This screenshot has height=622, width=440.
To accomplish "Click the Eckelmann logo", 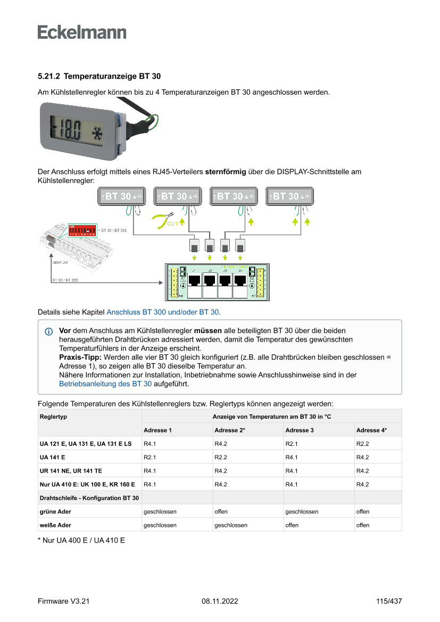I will click(x=82, y=32).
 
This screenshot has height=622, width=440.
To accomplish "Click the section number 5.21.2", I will click(x=48, y=77).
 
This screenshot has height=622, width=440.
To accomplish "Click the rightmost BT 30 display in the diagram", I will click(x=289, y=196).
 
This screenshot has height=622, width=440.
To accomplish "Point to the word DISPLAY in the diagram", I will click(x=60, y=262).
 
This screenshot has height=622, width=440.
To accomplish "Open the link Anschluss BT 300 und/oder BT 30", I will click(x=163, y=312).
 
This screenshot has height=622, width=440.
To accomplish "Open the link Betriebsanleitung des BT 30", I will click(x=105, y=383).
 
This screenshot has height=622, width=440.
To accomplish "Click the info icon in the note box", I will click(x=49, y=331).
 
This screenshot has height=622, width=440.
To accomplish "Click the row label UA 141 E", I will click(x=52, y=457).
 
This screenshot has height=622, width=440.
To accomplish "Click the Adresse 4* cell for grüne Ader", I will click(x=363, y=511).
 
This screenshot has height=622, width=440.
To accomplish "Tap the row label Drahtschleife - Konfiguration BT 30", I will click(x=89, y=498).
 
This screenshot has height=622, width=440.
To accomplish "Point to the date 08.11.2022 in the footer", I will click(x=220, y=601).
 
